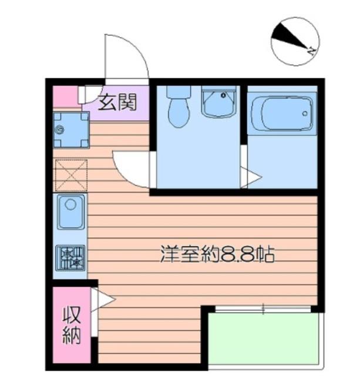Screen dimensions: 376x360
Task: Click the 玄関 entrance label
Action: click(x=117, y=103)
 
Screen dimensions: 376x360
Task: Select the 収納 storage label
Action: click(x=72, y=324)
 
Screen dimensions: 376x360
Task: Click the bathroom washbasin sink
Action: click(x=218, y=103)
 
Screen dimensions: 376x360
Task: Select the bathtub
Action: click(x=281, y=114)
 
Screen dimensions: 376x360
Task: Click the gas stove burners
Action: click(x=71, y=257)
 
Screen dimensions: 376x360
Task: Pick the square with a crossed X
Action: click(x=70, y=175)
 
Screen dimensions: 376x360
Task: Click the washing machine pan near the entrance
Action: click(x=70, y=130)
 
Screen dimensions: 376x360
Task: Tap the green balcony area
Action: click(x=265, y=341)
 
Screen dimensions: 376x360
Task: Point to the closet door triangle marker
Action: click(x=105, y=300)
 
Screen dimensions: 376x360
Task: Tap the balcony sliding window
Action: click(x=263, y=307)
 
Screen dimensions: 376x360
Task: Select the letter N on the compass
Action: click(x=311, y=52)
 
